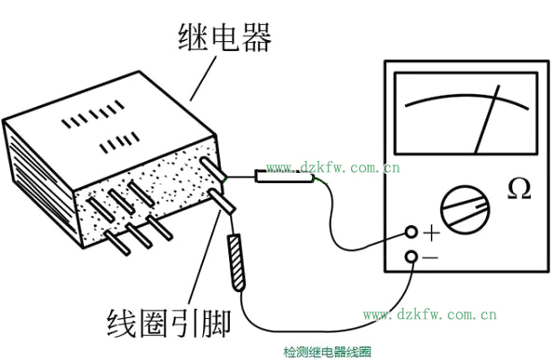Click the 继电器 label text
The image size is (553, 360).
pyautogui.click(x=225, y=38)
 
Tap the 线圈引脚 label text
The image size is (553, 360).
pyautogui.click(x=169, y=323)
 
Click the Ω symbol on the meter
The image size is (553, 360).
pyautogui.click(x=519, y=189)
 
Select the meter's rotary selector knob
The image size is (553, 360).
pyautogui.click(x=465, y=209)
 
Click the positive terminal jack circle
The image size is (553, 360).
pyautogui.click(x=411, y=232)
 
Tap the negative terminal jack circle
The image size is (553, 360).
pyautogui.click(x=411, y=257)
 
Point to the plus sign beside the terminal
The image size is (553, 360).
pyautogui.click(x=431, y=233)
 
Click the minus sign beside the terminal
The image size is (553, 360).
pyautogui.click(x=430, y=258)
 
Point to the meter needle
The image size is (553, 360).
pyautogui.click(x=487, y=119)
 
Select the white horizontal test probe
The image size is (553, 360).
pyautogui.click(x=284, y=176)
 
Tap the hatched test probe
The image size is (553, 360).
pyautogui.click(x=236, y=262)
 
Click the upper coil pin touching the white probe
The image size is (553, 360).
pyautogui.click(x=213, y=170)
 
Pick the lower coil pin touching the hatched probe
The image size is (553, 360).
pyautogui.click(x=222, y=202)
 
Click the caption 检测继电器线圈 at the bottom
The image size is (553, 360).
pyautogui.click(x=328, y=352)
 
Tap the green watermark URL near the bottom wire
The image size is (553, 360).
pyautogui.click(x=430, y=314)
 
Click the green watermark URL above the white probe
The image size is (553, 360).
pyautogui.click(x=333, y=167)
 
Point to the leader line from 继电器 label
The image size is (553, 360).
pyautogui.click(x=203, y=79)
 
